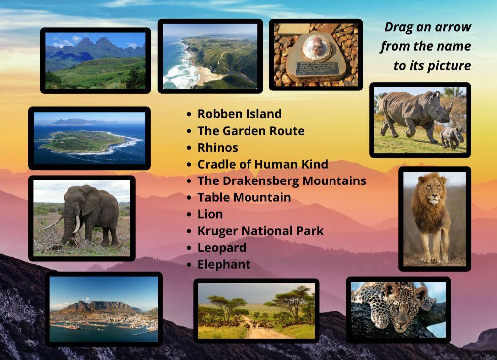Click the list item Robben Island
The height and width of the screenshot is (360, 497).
click(x=240, y=114)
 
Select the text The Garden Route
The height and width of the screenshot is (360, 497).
click(x=251, y=131)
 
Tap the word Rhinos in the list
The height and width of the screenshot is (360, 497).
click(x=218, y=148)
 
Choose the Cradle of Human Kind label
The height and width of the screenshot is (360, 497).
click(x=262, y=164)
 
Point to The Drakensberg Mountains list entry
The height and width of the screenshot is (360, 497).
click(x=282, y=180)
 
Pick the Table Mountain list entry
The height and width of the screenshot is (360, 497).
click(x=244, y=197)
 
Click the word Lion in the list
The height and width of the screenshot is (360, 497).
click(x=210, y=214)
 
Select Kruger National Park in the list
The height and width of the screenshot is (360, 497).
click(x=260, y=231)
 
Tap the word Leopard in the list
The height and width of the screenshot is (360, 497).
click(x=222, y=248)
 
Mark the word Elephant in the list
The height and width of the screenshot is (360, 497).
click(x=224, y=264)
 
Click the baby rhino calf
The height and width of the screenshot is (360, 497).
click(x=452, y=136)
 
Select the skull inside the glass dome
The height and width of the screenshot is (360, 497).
click(x=316, y=49)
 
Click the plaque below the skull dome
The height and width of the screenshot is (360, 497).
click(x=317, y=68)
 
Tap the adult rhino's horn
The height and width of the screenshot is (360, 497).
click(x=450, y=106)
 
